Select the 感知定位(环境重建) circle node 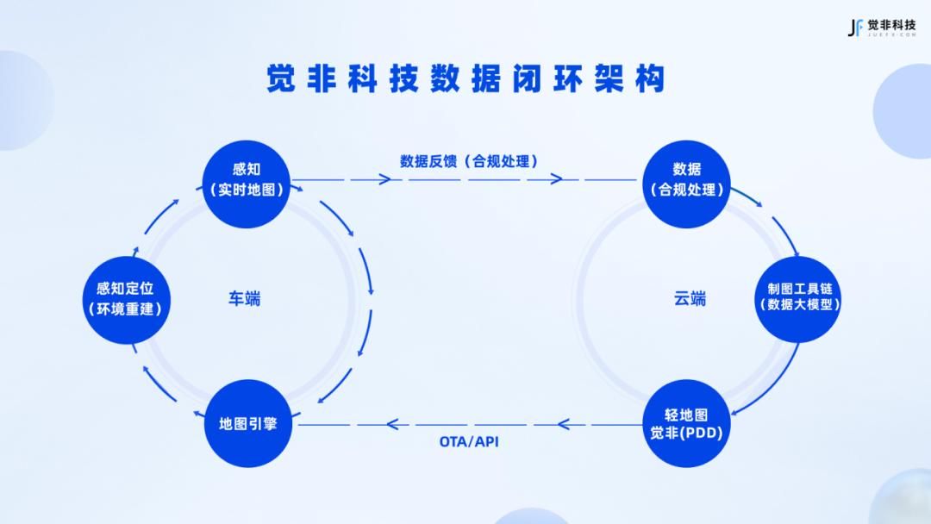click(125, 298)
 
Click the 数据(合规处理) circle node click(687, 179)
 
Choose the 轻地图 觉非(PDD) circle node click(687, 423)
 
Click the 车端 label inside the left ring click(244, 299)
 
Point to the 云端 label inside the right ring click(690, 299)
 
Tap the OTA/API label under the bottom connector click(469, 442)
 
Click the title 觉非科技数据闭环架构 click(465, 79)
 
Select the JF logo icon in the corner click(855, 28)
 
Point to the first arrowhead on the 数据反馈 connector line click(384, 179)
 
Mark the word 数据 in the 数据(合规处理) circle click(687, 169)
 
